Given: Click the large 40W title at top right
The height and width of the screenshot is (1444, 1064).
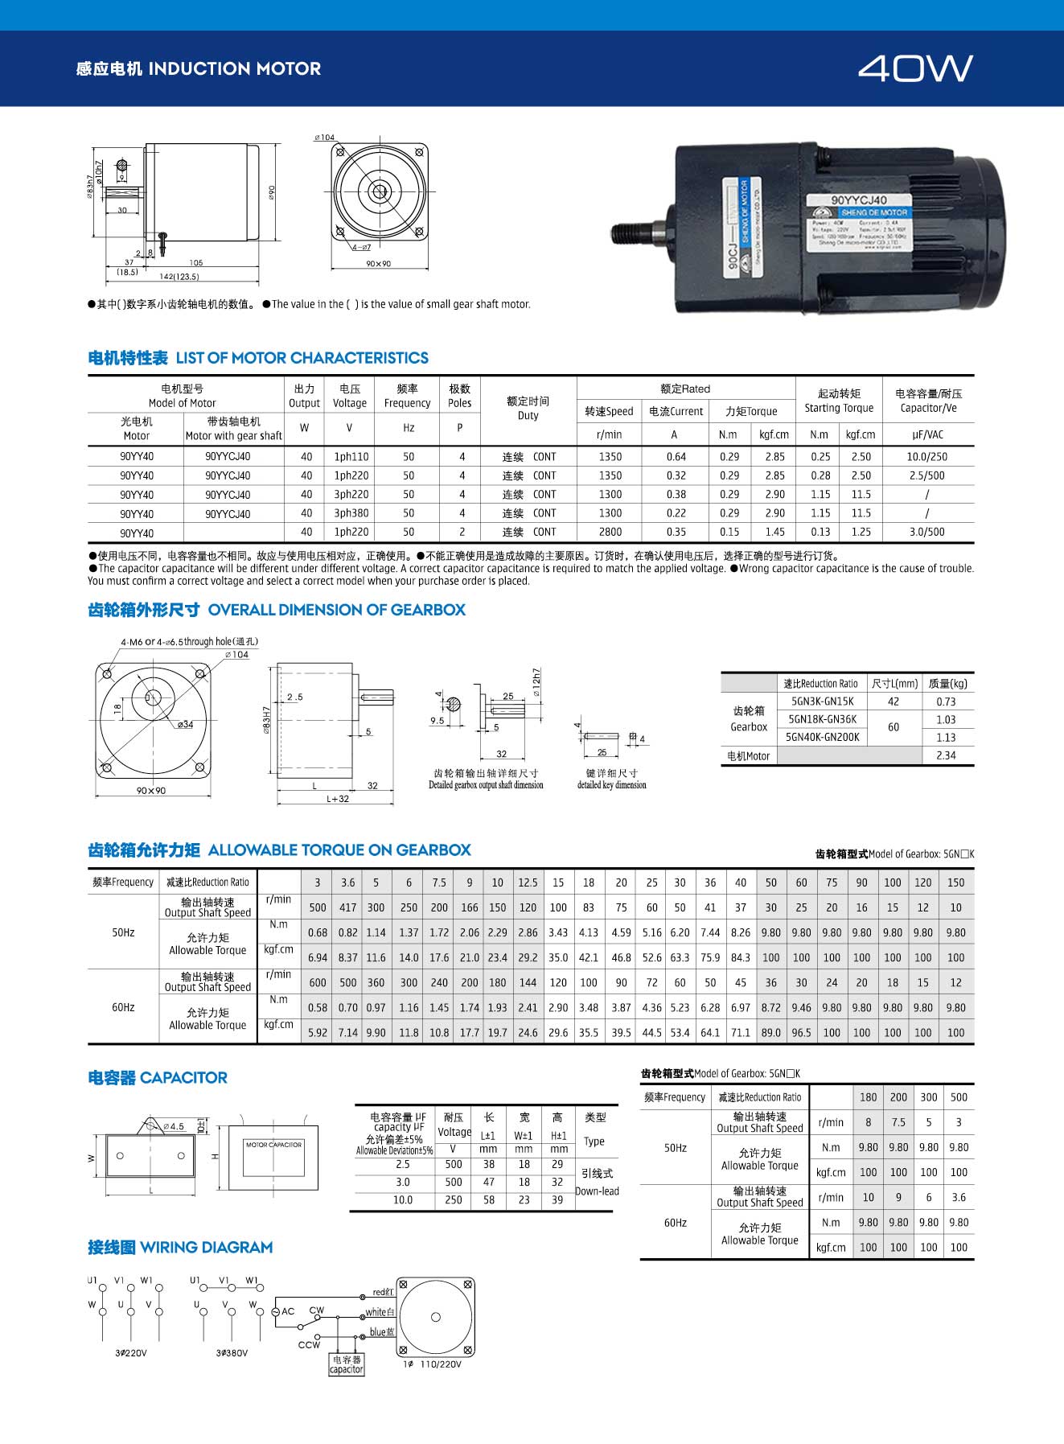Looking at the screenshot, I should [x=915, y=69].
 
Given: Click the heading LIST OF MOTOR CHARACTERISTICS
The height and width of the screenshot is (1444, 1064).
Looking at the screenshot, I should [x=302, y=358].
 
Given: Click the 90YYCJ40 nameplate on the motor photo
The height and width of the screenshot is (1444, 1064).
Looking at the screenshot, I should [x=859, y=200].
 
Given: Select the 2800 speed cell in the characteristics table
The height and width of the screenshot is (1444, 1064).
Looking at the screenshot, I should [x=610, y=532].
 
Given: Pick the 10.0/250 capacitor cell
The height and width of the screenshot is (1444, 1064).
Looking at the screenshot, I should [x=926, y=456].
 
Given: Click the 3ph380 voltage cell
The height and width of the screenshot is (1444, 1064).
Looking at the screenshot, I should [x=351, y=513].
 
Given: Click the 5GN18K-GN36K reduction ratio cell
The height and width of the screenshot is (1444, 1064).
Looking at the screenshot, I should [x=822, y=719].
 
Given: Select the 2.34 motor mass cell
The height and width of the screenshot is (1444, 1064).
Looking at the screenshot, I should [x=946, y=755].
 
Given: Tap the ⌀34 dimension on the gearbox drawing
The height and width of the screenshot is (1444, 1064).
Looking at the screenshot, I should [x=185, y=724].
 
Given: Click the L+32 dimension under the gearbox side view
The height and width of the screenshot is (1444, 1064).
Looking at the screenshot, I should [x=338, y=799].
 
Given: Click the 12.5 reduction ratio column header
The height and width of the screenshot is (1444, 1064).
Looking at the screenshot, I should [x=528, y=882].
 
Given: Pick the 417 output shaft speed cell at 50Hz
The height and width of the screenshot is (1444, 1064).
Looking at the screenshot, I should [x=347, y=907].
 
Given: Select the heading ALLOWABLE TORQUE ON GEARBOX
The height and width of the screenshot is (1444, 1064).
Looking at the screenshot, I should [x=339, y=850].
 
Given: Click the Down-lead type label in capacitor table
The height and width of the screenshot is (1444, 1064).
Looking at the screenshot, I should [x=597, y=1191].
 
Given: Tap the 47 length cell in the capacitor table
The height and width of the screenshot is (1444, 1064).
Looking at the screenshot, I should [x=488, y=1182].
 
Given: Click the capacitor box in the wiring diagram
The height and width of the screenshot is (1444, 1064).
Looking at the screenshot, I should [x=347, y=1364].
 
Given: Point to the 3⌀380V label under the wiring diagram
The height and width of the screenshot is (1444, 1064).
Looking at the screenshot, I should [x=232, y=1353].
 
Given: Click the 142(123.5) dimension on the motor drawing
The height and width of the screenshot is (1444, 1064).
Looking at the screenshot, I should [x=179, y=277].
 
